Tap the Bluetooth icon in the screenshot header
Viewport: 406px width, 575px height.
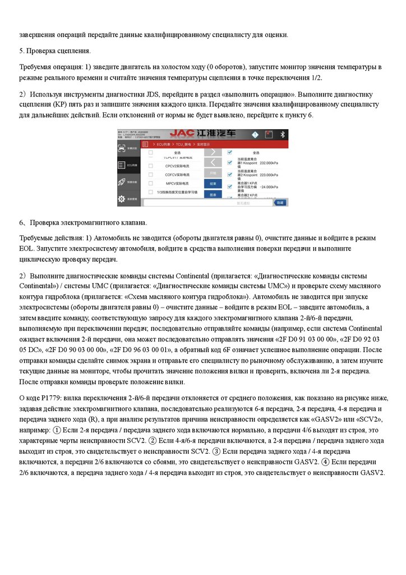(x=283, y=135)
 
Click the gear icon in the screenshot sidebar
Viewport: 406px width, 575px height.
(x=121, y=199)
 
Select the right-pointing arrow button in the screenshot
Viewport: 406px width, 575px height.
(x=213, y=152)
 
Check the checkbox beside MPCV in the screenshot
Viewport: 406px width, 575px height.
(x=150, y=183)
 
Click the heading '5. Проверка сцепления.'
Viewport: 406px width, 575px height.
(x=55, y=51)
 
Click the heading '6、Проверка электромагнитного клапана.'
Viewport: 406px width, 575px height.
(x=75, y=223)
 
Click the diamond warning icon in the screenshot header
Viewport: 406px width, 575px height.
(x=254, y=135)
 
